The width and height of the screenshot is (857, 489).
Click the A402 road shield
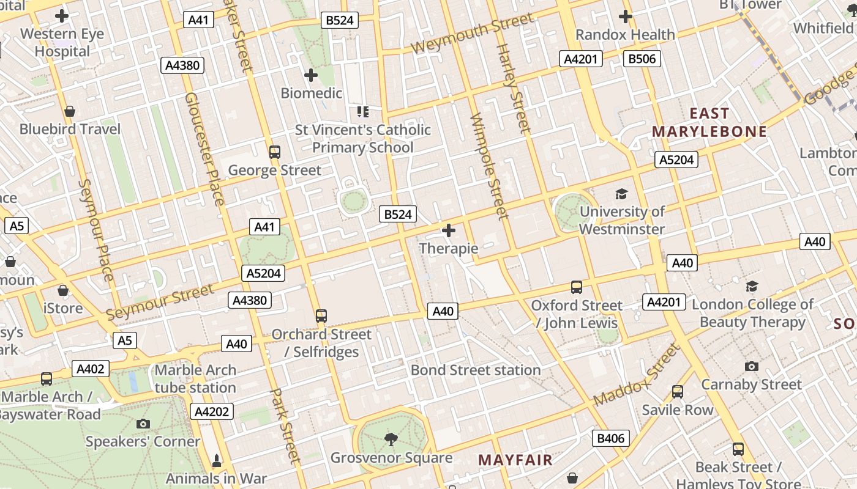click(91, 369)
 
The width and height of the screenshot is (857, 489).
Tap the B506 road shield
click(642, 59)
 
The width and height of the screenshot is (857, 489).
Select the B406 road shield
click(611, 438)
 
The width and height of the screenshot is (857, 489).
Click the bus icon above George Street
click(275, 152)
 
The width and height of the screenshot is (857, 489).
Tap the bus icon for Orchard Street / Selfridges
click(321, 316)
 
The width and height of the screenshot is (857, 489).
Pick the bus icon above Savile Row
click(678, 392)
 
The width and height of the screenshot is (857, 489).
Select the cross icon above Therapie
click(449, 230)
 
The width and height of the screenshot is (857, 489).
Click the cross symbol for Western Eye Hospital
click(62, 16)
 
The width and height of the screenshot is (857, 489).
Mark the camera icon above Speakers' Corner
click(143, 424)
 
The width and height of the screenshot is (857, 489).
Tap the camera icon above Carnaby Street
click(752, 366)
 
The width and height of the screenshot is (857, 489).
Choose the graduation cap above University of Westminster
click(622, 194)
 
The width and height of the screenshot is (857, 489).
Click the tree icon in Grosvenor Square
click(391, 439)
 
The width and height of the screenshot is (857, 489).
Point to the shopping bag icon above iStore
click(63, 290)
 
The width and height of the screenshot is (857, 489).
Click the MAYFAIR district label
click(515, 460)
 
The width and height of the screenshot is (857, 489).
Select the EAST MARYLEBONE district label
click(709, 122)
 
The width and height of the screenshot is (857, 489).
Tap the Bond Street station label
click(476, 370)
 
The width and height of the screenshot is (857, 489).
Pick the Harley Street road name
click(513, 89)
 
